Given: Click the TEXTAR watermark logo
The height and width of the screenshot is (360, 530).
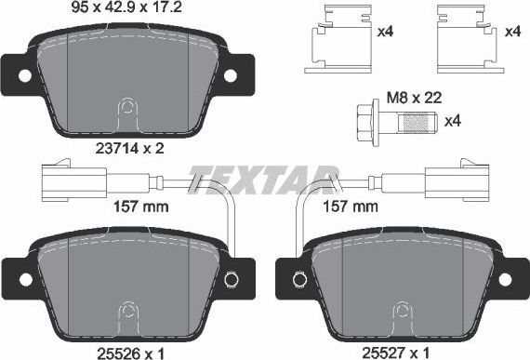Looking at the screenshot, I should tap(264, 175).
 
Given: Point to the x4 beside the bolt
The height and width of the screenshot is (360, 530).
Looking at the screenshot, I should tap(454, 122).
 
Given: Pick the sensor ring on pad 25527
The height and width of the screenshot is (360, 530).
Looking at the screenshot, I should tap(299, 278).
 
